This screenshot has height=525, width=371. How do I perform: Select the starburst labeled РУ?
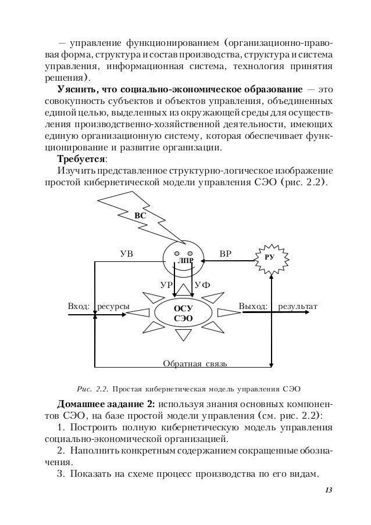[x=270, y=257]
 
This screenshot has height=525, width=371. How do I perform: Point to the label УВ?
[x=126, y=254]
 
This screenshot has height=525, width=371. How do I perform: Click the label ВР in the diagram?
[x=225, y=254]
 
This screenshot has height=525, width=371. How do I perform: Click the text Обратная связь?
[x=195, y=364]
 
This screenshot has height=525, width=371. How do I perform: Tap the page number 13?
[x=329, y=492]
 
